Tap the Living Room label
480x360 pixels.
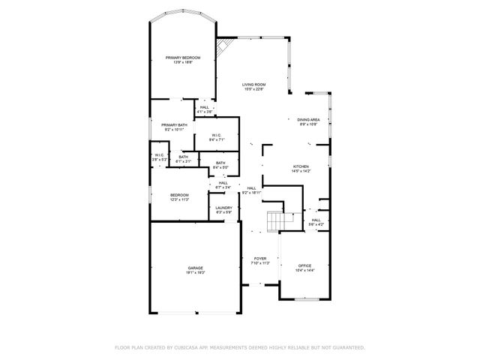253,85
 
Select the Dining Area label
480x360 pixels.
308,120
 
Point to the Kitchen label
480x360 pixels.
301,167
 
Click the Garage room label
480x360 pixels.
195,268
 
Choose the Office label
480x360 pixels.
304,265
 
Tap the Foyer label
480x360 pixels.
259,259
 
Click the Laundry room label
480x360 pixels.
223,208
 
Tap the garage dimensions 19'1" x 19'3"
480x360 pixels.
195,273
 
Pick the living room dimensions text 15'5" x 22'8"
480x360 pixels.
253,90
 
